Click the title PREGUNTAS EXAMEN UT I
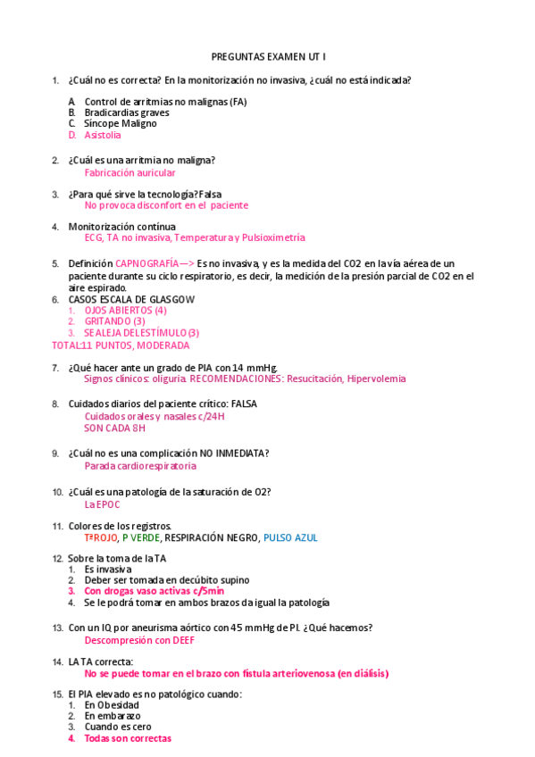(x=268, y=56)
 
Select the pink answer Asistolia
(x=103, y=136)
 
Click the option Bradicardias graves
(x=127, y=113)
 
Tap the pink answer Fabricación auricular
(x=130, y=173)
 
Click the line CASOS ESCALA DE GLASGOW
(x=131, y=299)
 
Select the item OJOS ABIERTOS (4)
(x=125, y=311)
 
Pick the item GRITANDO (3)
(x=114, y=321)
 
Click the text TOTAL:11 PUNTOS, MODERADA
(x=121, y=345)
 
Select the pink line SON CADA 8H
(x=114, y=428)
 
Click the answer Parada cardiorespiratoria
(x=140, y=466)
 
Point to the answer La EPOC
(x=102, y=503)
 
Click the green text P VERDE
(x=141, y=538)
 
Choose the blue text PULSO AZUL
(x=290, y=538)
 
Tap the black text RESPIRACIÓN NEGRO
(x=212, y=538)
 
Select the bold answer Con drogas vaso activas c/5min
(x=154, y=591)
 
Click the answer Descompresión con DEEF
(x=139, y=640)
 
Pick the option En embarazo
(x=112, y=716)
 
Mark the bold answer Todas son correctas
(x=128, y=738)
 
